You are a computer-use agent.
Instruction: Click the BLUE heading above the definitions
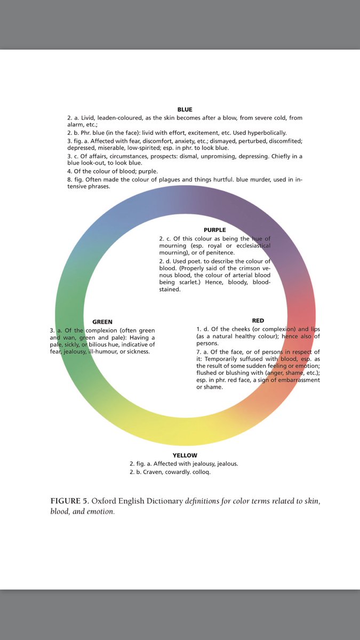[x=185, y=109]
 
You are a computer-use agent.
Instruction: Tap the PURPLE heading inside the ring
[x=214, y=230]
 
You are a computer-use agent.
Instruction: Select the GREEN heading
[x=102, y=322]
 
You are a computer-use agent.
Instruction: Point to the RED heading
[x=258, y=321]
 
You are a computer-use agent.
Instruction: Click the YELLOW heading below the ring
[x=185, y=455]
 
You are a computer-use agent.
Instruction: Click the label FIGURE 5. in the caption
[x=69, y=502]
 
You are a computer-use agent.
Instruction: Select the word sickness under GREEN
[x=137, y=351]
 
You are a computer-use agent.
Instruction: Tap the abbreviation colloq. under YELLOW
[x=209, y=472]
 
